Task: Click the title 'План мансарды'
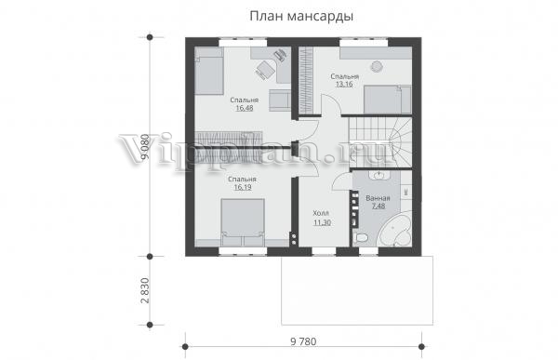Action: point(301,17)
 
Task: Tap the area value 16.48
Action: point(244,108)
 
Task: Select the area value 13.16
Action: point(344,85)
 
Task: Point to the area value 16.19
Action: point(243,187)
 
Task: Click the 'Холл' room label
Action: point(321,213)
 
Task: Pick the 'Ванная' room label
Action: point(378,198)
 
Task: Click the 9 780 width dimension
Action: point(303,341)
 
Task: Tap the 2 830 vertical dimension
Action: point(145,290)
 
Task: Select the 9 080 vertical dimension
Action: point(145,147)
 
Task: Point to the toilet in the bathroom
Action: point(361,238)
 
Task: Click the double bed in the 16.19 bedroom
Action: point(243,222)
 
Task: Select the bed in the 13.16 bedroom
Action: point(388,100)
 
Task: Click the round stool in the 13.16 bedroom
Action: point(377,66)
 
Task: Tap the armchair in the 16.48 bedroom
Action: point(280,100)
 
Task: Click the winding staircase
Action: point(380,142)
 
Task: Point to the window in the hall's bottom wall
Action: point(324,251)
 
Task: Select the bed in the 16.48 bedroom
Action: point(208,72)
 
